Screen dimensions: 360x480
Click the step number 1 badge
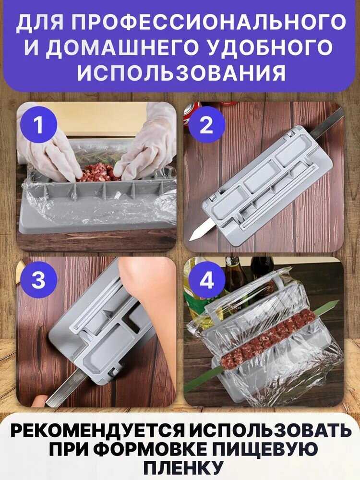coord(38,125)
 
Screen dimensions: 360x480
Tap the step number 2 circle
coord(206,125)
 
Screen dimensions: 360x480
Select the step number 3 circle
coord(38,279)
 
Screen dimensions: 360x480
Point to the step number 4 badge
coord(206,279)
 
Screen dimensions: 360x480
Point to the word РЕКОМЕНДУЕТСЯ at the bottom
coord(97,432)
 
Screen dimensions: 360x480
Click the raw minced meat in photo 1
coord(98,173)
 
